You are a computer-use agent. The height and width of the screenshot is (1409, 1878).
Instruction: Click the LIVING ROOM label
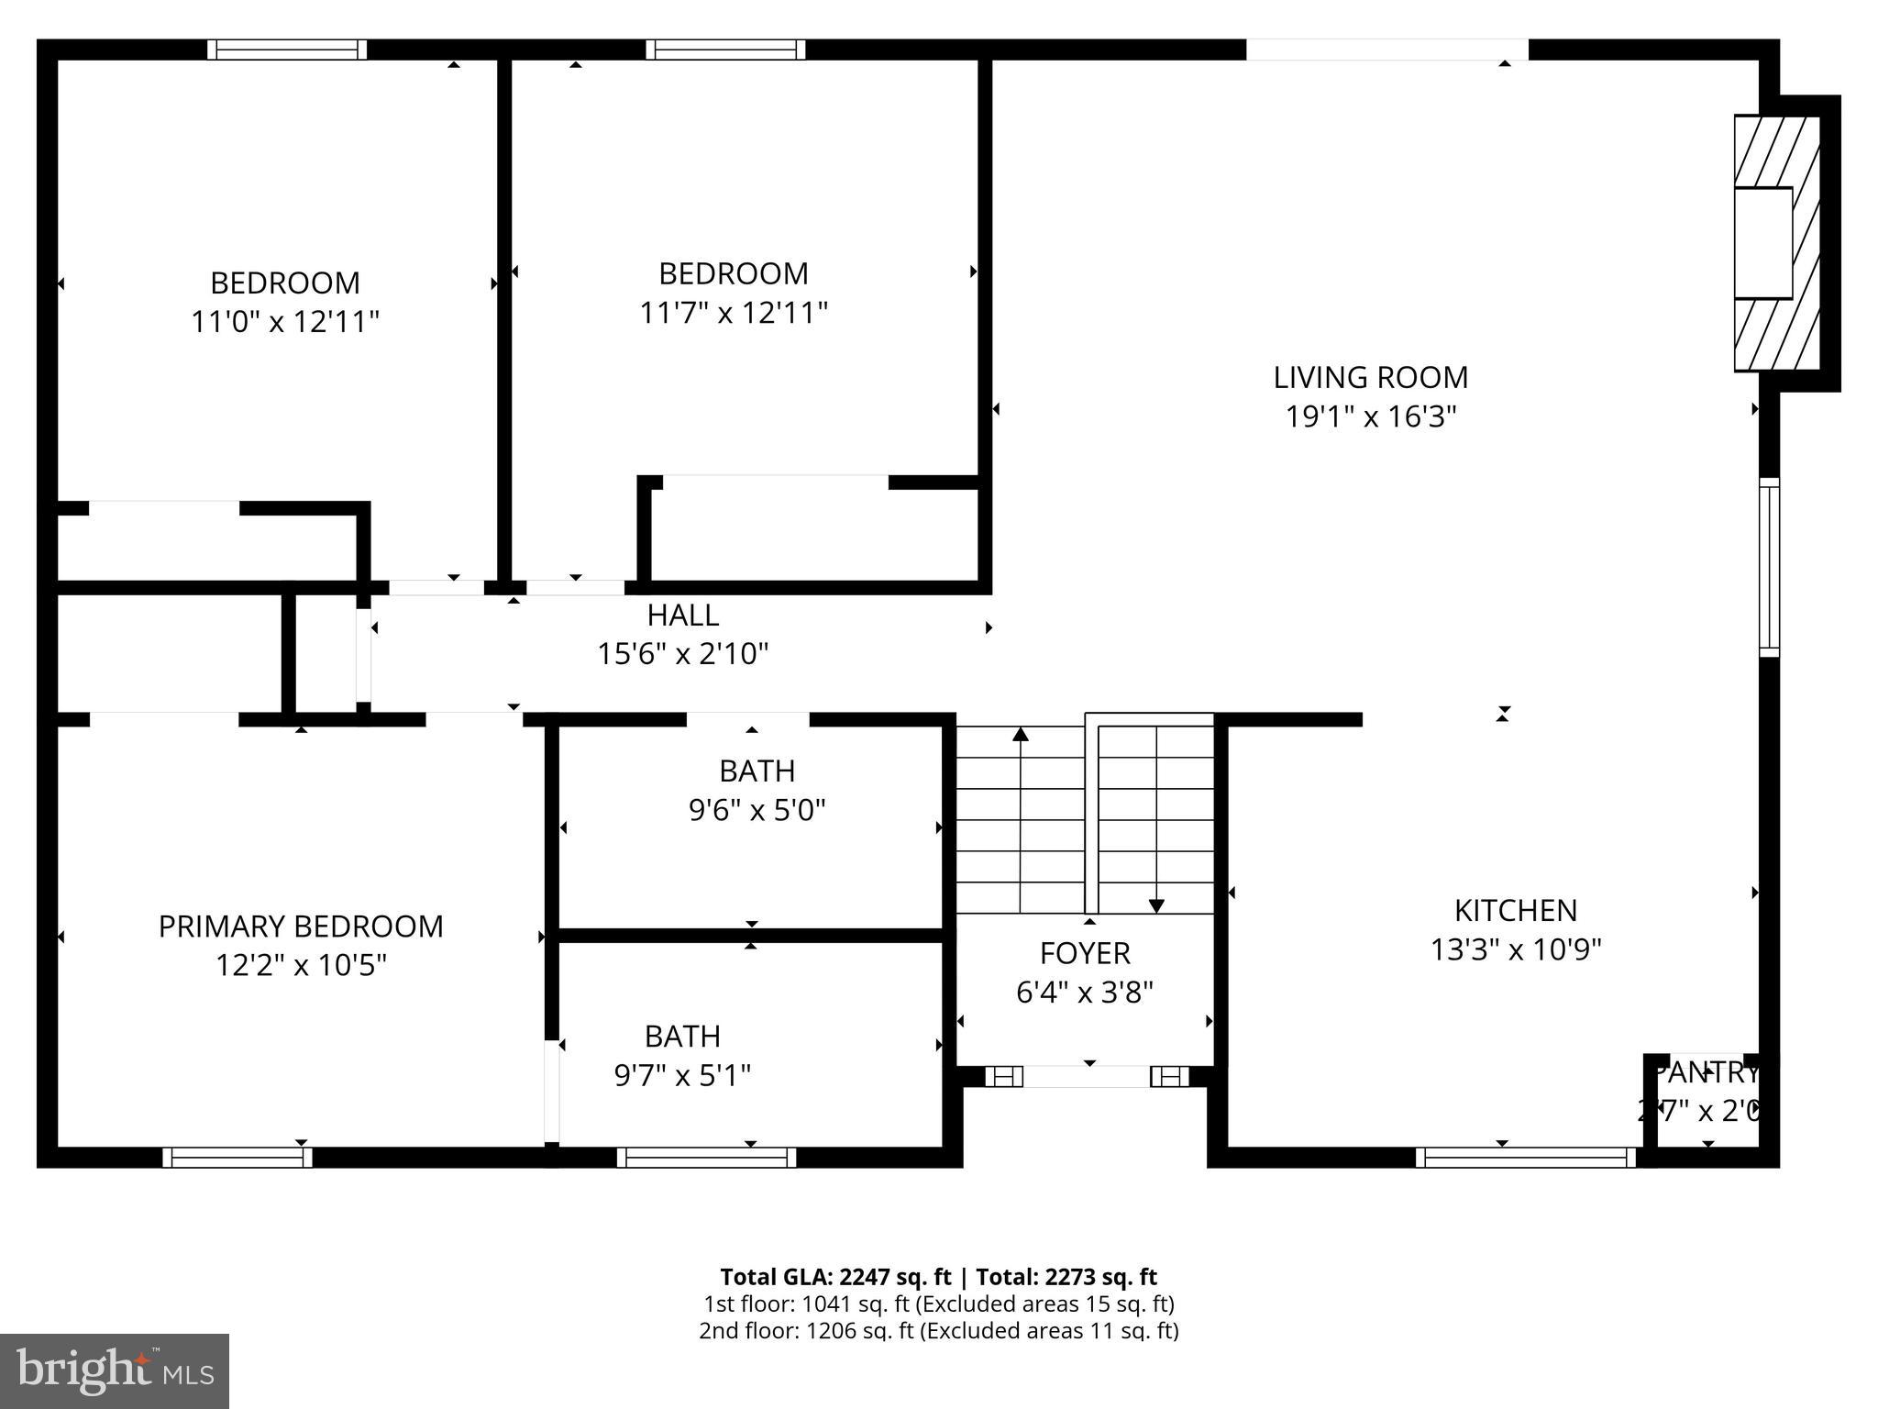(x=1370, y=377)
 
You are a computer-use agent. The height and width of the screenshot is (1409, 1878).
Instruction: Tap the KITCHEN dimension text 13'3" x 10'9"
(x=1516, y=949)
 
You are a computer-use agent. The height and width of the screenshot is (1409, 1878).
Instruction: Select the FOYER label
(x=1084, y=953)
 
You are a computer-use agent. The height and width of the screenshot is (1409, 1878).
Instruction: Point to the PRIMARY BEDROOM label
(x=301, y=926)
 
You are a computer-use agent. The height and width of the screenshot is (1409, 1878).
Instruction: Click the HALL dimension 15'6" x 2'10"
(x=682, y=654)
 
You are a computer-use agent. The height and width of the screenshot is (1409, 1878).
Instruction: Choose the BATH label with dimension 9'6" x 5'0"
(x=757, y=771)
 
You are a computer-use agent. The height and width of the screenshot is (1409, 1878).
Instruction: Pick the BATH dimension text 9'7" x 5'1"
(x=682, y=1075)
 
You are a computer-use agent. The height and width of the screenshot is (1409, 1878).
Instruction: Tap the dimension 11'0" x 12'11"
(x=285, y=322)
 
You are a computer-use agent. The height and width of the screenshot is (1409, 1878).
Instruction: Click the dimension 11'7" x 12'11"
(x=733, y=313)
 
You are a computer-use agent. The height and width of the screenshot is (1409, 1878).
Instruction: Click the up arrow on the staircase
(x=1021, y=734)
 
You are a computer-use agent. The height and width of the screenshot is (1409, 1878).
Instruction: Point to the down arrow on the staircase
(x=1156, y=906)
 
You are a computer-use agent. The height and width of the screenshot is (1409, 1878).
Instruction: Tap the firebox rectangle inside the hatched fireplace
(x=1762, y=243)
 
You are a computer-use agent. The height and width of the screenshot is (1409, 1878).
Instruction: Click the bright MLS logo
(x=115, y=1371)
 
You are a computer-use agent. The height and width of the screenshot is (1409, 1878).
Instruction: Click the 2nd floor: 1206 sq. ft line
(x=938, y=1330)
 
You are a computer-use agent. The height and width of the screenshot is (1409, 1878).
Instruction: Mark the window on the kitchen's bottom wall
(x=1525, y=1158)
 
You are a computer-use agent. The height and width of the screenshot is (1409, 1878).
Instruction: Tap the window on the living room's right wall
(x=1769, y=567)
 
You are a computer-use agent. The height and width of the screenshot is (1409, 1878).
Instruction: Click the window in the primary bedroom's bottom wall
(x=238, y=1158)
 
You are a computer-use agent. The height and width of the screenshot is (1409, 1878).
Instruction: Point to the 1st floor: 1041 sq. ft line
(x=938, y=1304)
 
